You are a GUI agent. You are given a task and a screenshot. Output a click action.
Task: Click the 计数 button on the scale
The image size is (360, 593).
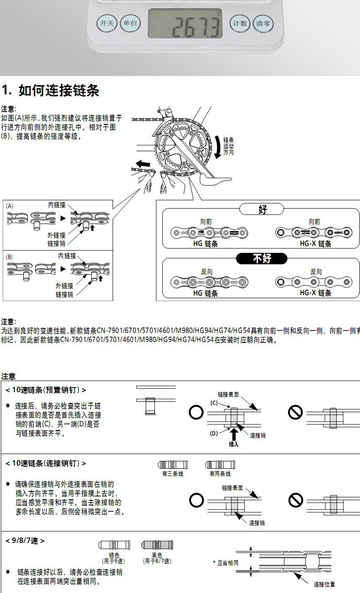tap(240, 23)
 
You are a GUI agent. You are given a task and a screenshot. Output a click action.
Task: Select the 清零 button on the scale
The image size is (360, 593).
tap(263, 23)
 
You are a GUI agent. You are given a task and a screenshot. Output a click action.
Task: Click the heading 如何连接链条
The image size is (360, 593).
tap(59, 90)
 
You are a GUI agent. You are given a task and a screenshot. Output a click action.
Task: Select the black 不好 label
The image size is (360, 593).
tap(262, 259)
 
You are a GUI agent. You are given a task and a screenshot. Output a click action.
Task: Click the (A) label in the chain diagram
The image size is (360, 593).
tap(10, 205)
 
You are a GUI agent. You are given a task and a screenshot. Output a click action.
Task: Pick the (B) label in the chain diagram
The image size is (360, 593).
tap(10, 256)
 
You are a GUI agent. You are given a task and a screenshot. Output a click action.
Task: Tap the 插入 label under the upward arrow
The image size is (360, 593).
tap(234, 444)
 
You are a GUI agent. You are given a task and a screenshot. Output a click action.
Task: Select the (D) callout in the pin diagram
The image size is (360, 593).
tap(214, 433)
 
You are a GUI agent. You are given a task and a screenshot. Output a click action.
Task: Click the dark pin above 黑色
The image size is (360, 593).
tap(157, 545)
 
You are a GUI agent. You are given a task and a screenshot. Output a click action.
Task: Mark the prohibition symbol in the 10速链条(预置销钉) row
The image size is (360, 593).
tap(295, 413)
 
